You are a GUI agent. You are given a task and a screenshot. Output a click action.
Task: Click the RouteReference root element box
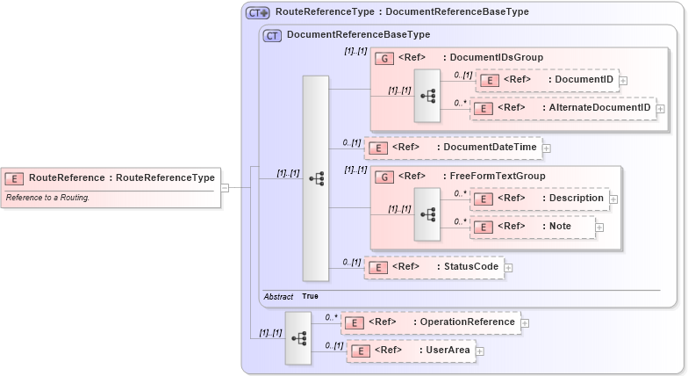point(110,178)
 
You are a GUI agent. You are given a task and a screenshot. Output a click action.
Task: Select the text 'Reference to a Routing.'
point(47,198)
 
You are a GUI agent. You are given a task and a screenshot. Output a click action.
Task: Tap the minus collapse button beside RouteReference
point(226,187)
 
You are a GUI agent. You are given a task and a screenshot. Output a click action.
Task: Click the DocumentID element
point(546,80)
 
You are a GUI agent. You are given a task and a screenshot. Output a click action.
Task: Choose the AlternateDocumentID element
point(563,108)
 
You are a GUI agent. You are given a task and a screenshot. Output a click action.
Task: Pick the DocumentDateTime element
point(453,148)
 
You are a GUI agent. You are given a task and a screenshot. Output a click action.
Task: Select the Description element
point(540,199)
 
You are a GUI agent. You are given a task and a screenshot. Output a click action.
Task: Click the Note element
point(533,227)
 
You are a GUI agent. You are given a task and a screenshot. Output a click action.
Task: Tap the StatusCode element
point(434,267)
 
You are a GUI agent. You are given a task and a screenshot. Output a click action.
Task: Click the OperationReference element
point(430,322)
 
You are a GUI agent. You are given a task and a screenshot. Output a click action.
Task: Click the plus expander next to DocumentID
point(623,81)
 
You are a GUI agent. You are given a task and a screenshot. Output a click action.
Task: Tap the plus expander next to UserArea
point(480,351)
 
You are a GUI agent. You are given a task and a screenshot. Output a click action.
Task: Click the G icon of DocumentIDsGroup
point(383,58)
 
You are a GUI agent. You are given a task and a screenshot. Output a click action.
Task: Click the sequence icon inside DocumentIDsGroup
point(427,94)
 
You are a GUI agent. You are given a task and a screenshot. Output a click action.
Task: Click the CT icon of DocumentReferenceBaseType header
point(272,35)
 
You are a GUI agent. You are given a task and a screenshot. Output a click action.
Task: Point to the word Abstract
point(278,297)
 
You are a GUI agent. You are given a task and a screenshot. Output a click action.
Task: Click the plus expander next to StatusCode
point(508,267)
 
